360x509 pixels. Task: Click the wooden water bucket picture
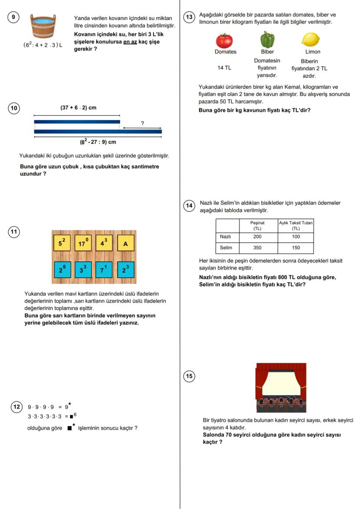[43, 26]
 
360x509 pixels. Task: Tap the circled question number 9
[14, 17]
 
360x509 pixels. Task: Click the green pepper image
[267, 40]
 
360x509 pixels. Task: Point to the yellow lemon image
[310, 40]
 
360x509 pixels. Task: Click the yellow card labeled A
[126, 243]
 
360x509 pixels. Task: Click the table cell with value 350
[257, 248]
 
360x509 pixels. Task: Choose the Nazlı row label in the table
[225, 237]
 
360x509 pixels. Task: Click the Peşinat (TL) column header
[257, 225]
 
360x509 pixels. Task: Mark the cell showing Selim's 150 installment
[296, 248]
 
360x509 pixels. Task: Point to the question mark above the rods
[142, 123]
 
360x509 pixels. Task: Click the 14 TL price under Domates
[224, 68]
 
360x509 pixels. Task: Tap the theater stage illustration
[281, 388]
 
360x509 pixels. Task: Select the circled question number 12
[16, 407]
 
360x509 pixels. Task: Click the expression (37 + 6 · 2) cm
[78, 108]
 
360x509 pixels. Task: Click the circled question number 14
[190, 206]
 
